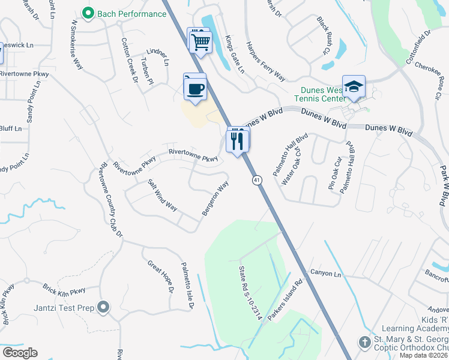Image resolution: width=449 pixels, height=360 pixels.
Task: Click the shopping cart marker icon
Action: [200, 41]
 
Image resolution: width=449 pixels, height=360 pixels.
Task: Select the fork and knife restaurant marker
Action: [238, 140]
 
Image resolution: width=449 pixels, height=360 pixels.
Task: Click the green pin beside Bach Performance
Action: [88, 13]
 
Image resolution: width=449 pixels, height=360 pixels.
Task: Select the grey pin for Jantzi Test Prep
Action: [103, 308]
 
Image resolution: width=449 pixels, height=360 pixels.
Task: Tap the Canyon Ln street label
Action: [325, 274]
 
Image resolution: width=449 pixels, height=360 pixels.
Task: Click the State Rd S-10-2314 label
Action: [251, 293]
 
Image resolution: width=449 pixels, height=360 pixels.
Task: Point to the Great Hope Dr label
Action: [160, 277]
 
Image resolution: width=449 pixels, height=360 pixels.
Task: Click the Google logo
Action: [20, 353]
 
